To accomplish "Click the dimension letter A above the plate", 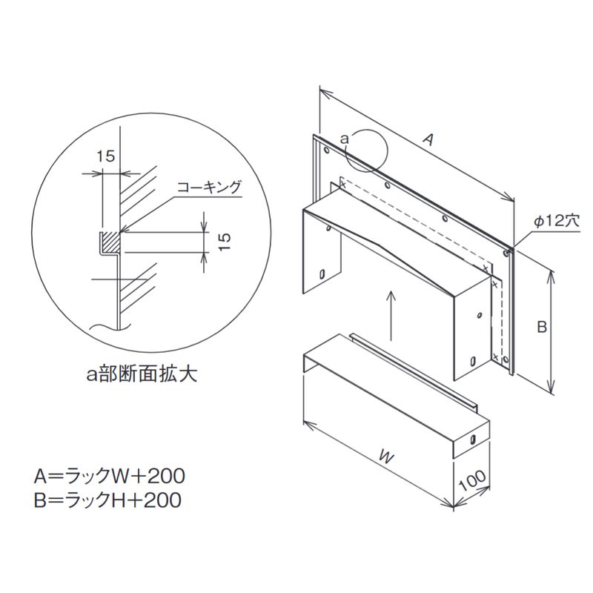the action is [x=428, y=140].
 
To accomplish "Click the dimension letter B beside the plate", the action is [x=542, y=326].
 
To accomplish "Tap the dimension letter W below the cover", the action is [x=386, y=457].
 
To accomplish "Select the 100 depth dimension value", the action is [x=472, y=481].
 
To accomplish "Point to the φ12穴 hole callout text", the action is [x=557, y=222].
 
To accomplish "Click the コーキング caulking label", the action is [x=209, y=187].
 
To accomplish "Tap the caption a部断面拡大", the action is [x=142, y=374].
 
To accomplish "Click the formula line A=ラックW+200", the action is [x=109, y=476].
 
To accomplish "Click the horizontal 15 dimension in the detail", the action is [x=105, y=156].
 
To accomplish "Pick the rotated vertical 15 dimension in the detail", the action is [x=225, y=242].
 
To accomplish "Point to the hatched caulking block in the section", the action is [x=111, y=242].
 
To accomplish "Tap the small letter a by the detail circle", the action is [x=344, y=139].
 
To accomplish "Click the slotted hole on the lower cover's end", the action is [x=472, y=439].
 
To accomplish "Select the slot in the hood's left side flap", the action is [x=322, y=274].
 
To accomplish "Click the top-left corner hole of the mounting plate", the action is [x=326, y=150].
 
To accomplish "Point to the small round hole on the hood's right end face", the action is [x=479, y=314].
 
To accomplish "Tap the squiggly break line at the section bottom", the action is [x=110, y=327].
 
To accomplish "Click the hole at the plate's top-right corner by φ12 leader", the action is [x=506, y=252].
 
